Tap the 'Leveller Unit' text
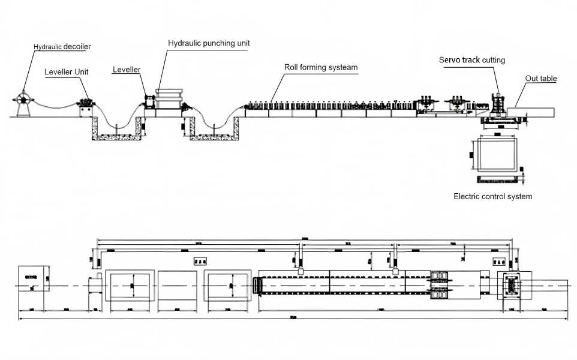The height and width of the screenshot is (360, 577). coord(67,72)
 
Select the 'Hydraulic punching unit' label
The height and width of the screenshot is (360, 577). coord(209,43)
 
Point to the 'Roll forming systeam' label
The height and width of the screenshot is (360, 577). coord(321,67)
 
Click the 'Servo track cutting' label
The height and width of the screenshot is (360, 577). coord(472,60)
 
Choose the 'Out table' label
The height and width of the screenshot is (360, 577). coord(541,79)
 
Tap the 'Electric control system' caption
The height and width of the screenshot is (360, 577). coord(492,196)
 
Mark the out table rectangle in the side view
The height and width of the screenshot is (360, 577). coord(530,112)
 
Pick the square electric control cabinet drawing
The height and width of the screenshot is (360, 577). coord(495,154)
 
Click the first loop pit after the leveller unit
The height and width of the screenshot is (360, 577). coord(117,128)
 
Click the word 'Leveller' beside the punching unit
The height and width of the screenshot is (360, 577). coord(127,70)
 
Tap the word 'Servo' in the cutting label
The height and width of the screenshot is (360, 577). coord(449,60)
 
